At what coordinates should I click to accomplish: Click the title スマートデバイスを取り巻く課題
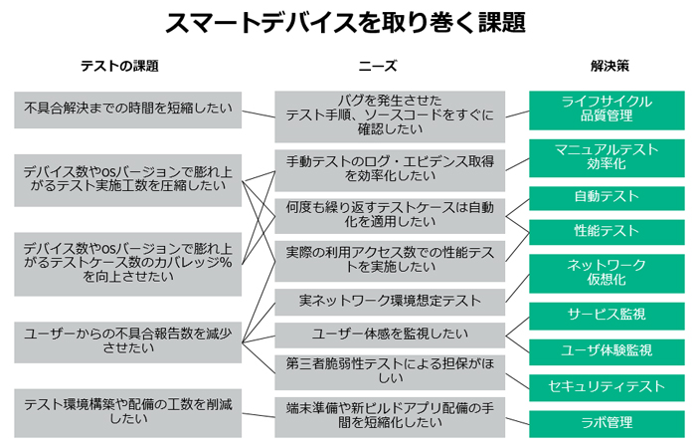[x=345, y=22]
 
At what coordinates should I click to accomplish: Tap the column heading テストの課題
[x=119, y=67]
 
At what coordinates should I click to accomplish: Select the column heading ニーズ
[x=378, y=67]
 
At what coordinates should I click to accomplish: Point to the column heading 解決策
[x=609, y=67]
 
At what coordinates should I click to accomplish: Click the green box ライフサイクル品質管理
[x=607, y=111]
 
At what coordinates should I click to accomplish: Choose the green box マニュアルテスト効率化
[x=607, y=157]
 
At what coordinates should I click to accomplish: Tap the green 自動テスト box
[x=607, y=198]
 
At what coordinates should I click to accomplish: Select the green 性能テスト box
[x=607, y=232]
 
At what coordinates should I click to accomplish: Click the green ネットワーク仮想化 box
[x=607, y=274]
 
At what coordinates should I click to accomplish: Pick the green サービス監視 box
[x=607, y=316]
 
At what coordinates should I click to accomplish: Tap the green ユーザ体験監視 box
[x=607, y=352]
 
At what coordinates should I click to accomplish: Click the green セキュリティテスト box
[x=607, y=388]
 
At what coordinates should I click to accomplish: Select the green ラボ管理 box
[x=607, y=423]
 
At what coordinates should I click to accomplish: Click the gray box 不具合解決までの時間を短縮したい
[x=128, y=110]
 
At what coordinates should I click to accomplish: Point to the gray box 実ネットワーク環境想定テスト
[x=390, y=303]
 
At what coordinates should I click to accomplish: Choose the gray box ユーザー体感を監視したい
[x=390, y=336]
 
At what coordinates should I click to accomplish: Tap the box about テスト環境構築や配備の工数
[x=128, y=413]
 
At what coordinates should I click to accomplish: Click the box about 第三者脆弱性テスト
[x=390, y=372]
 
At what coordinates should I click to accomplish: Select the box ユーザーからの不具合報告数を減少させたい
[x=128, y=342]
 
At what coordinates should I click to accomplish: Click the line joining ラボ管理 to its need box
[x=517, y=421]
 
